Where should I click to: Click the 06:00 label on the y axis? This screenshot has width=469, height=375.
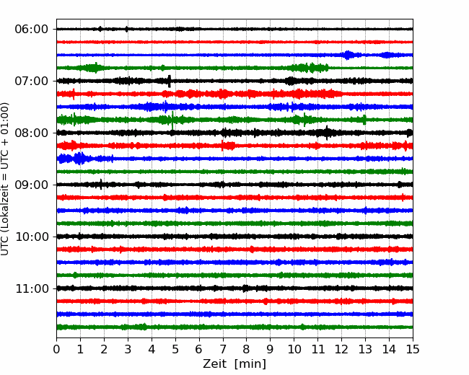coord(31,30)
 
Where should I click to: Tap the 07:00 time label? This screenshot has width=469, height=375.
coord(31,81)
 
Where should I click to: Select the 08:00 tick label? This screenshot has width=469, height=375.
coord(31,133)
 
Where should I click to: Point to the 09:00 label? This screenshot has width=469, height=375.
coord(31,185)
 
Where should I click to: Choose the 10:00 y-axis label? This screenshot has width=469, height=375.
coord(31,237)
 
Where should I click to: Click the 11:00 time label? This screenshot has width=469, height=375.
coord(31,288)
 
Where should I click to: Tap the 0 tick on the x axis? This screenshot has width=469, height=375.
coord(56,349)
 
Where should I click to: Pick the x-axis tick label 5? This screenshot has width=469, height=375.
coord(175,349)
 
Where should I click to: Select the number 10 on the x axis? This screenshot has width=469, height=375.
coord(294,349)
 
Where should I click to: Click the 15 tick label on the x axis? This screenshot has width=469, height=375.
coord(413,349)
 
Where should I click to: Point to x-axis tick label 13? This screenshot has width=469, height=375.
coord(365,349)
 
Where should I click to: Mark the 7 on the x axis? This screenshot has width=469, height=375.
coord(223,349)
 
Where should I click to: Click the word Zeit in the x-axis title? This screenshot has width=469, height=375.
coord(214,363)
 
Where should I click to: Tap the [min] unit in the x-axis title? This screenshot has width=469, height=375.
coord(250,364)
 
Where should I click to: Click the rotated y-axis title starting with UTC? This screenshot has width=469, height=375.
coord(5,179)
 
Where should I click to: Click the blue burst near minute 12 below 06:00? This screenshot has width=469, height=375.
coord(347,55)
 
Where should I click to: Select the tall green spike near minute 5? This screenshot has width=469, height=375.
coord(172,120)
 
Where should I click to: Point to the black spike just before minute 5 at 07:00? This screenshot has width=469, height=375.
coord(170,81)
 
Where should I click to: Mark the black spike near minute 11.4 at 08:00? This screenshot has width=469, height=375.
coord(327,133)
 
